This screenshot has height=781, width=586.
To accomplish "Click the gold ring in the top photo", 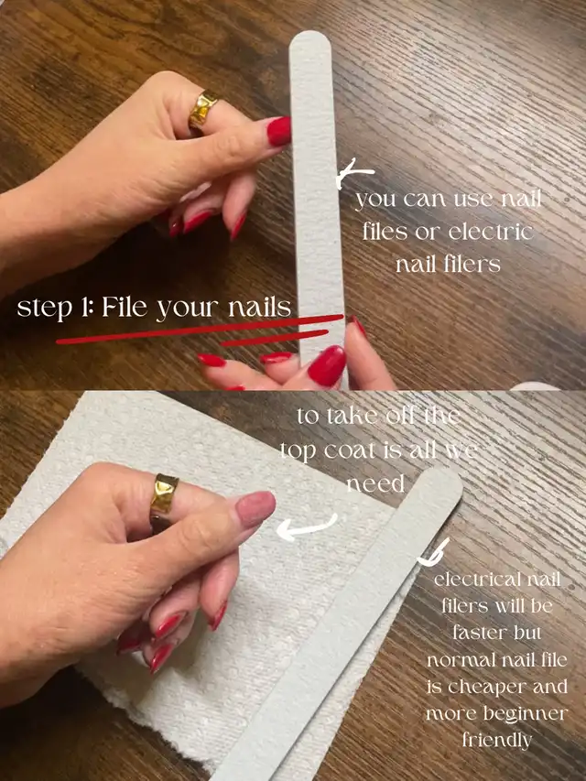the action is (202, 111).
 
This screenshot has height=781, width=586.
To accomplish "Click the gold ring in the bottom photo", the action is (164, 500).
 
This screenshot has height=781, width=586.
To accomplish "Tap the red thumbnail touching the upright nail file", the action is (279, 131).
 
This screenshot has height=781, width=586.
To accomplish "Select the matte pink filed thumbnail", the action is (255, 509).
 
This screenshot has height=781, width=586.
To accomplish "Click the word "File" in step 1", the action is (125, 307).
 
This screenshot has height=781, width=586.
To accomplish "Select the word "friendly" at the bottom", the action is (497, 739).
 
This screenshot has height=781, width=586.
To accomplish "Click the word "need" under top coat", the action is (375, 483).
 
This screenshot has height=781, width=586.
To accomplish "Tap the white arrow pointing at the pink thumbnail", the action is (306, 528).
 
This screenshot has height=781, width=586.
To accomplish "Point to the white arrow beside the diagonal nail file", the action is (432, 553).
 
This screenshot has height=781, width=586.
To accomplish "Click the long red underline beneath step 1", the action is (200, 330).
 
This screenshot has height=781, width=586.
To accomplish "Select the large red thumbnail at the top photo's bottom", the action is (327, 365).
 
